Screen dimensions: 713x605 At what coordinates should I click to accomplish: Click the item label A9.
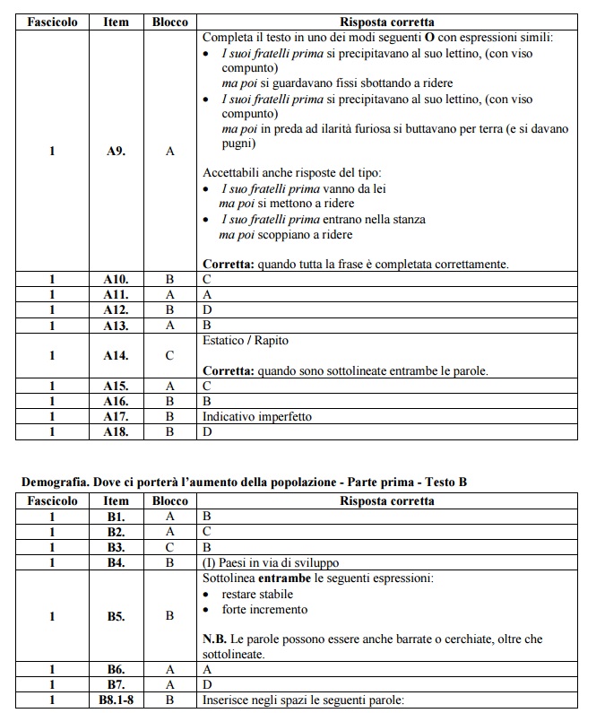coord(116,152)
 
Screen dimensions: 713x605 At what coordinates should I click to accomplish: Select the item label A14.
coord(116,355)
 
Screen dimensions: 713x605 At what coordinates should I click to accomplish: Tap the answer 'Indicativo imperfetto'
coord(256,417)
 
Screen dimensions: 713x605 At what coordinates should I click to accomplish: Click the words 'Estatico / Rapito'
coord(246,341)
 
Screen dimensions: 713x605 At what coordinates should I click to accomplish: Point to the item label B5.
coord(116,616)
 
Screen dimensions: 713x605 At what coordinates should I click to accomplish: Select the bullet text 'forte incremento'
coord(265,609)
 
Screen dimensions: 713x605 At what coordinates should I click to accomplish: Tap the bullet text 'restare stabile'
coord(258,594)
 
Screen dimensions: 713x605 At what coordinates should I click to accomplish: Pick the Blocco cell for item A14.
coord(169,355)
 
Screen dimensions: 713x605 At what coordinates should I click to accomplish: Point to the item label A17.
coord(116,417)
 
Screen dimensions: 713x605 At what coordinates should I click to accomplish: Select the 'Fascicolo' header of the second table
coord(52,500)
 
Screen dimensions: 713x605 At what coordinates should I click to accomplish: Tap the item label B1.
coord(116,517)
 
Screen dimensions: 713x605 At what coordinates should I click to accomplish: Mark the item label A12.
coord(116,309)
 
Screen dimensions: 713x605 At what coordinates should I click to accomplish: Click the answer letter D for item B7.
coord(207,684)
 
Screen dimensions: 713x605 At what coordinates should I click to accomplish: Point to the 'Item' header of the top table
coord(116,22)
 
